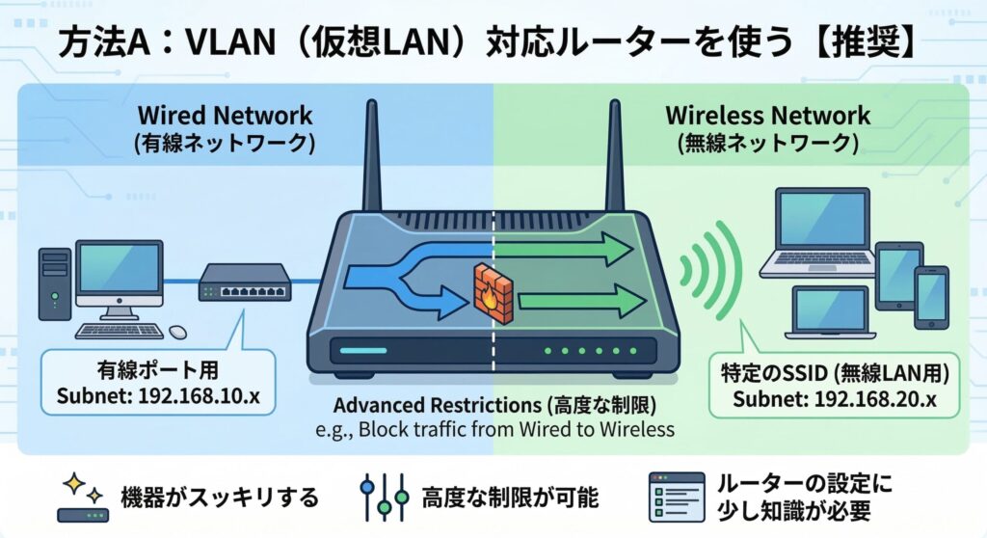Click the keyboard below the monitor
(x=120, y=331)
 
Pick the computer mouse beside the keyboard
(x=178, y=332)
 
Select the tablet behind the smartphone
(x=896, y=274)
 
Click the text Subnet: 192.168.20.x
(x=834, y=398)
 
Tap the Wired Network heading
(x=227, y=116)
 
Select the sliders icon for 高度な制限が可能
(x=384, y=498)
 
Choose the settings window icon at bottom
(x=673, y=496)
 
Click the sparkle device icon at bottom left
(x=80, y=498)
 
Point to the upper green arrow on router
(x=569, y=252)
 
